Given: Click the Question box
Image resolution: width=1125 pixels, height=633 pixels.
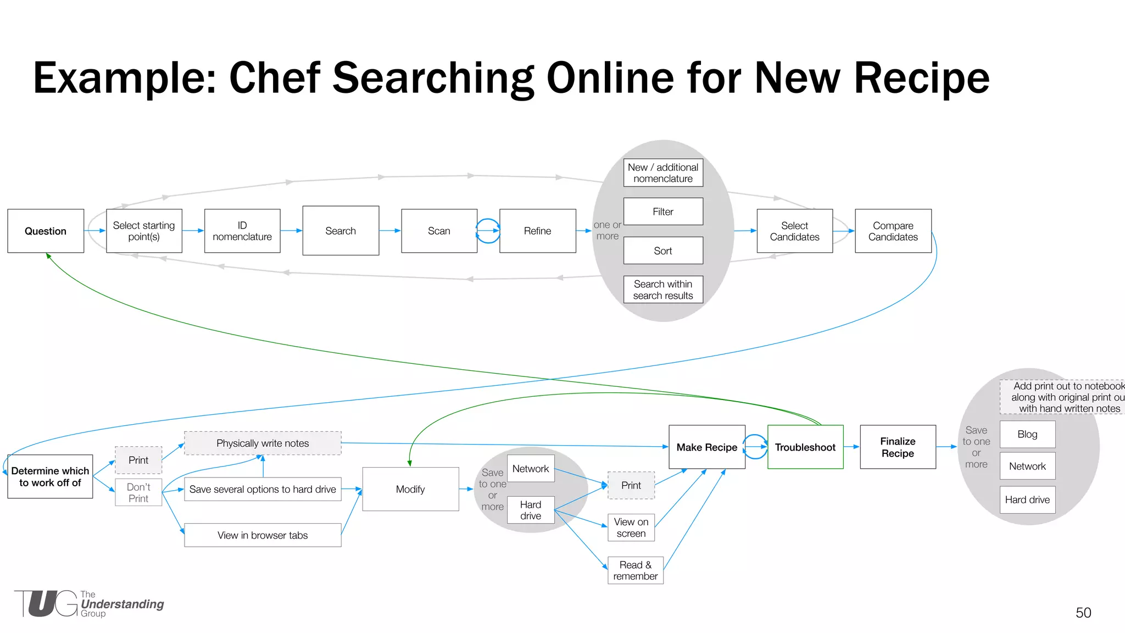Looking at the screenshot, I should pyautogui.click(x=46, y=231).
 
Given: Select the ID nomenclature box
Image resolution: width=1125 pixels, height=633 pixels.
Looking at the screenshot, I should pyautogui.click(x=242, y=231).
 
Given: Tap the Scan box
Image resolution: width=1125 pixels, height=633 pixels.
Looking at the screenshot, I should pyautogui.click(x=439, y=231).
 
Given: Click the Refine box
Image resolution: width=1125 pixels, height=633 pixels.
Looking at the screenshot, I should pyautogui.click(x=537, y=231).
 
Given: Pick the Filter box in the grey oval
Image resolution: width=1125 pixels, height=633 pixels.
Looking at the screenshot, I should pyautogui.click(x=663, y=212).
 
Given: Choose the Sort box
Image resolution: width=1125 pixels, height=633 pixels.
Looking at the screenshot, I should pyautogui.click(x=663, y=251).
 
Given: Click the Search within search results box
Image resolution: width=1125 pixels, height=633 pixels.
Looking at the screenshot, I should pyautogui.click(x=663, y=290).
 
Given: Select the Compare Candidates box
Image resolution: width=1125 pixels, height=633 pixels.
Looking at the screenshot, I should pyautogui.click(x=893, y=231).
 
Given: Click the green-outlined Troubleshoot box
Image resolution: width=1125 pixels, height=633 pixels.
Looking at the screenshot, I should pyautogui.click(x=805, y=447).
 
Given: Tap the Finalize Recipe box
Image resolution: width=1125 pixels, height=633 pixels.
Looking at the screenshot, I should pyautogui.click(x=898, y=447).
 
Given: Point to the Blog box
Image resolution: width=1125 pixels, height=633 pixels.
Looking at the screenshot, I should pyautogui.click(x=1027, y=434).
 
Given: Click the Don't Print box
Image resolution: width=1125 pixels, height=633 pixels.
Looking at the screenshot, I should pyautogui.click(x=138, y=492).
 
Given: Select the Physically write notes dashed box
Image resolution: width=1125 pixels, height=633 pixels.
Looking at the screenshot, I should pyautogui.click(x=263, y=443).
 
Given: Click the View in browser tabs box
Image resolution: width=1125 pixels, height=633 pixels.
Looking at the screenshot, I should pyautogui.click(x=263, y=535).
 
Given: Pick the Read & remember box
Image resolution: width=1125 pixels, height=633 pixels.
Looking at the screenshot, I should pyautogui.click(x=635, y=570).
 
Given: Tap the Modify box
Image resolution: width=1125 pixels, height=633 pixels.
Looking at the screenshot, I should pyautogui.click(x=410, y=489).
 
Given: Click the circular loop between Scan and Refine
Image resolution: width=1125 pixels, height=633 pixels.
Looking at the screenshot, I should pyautogui.click(x=488, y=231).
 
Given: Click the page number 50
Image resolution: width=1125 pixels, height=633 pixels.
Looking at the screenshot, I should pyautogui.click(x=1083, y=613).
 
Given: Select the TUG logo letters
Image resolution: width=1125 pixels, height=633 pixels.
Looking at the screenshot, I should pyautogui.click(x=46, y=604).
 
